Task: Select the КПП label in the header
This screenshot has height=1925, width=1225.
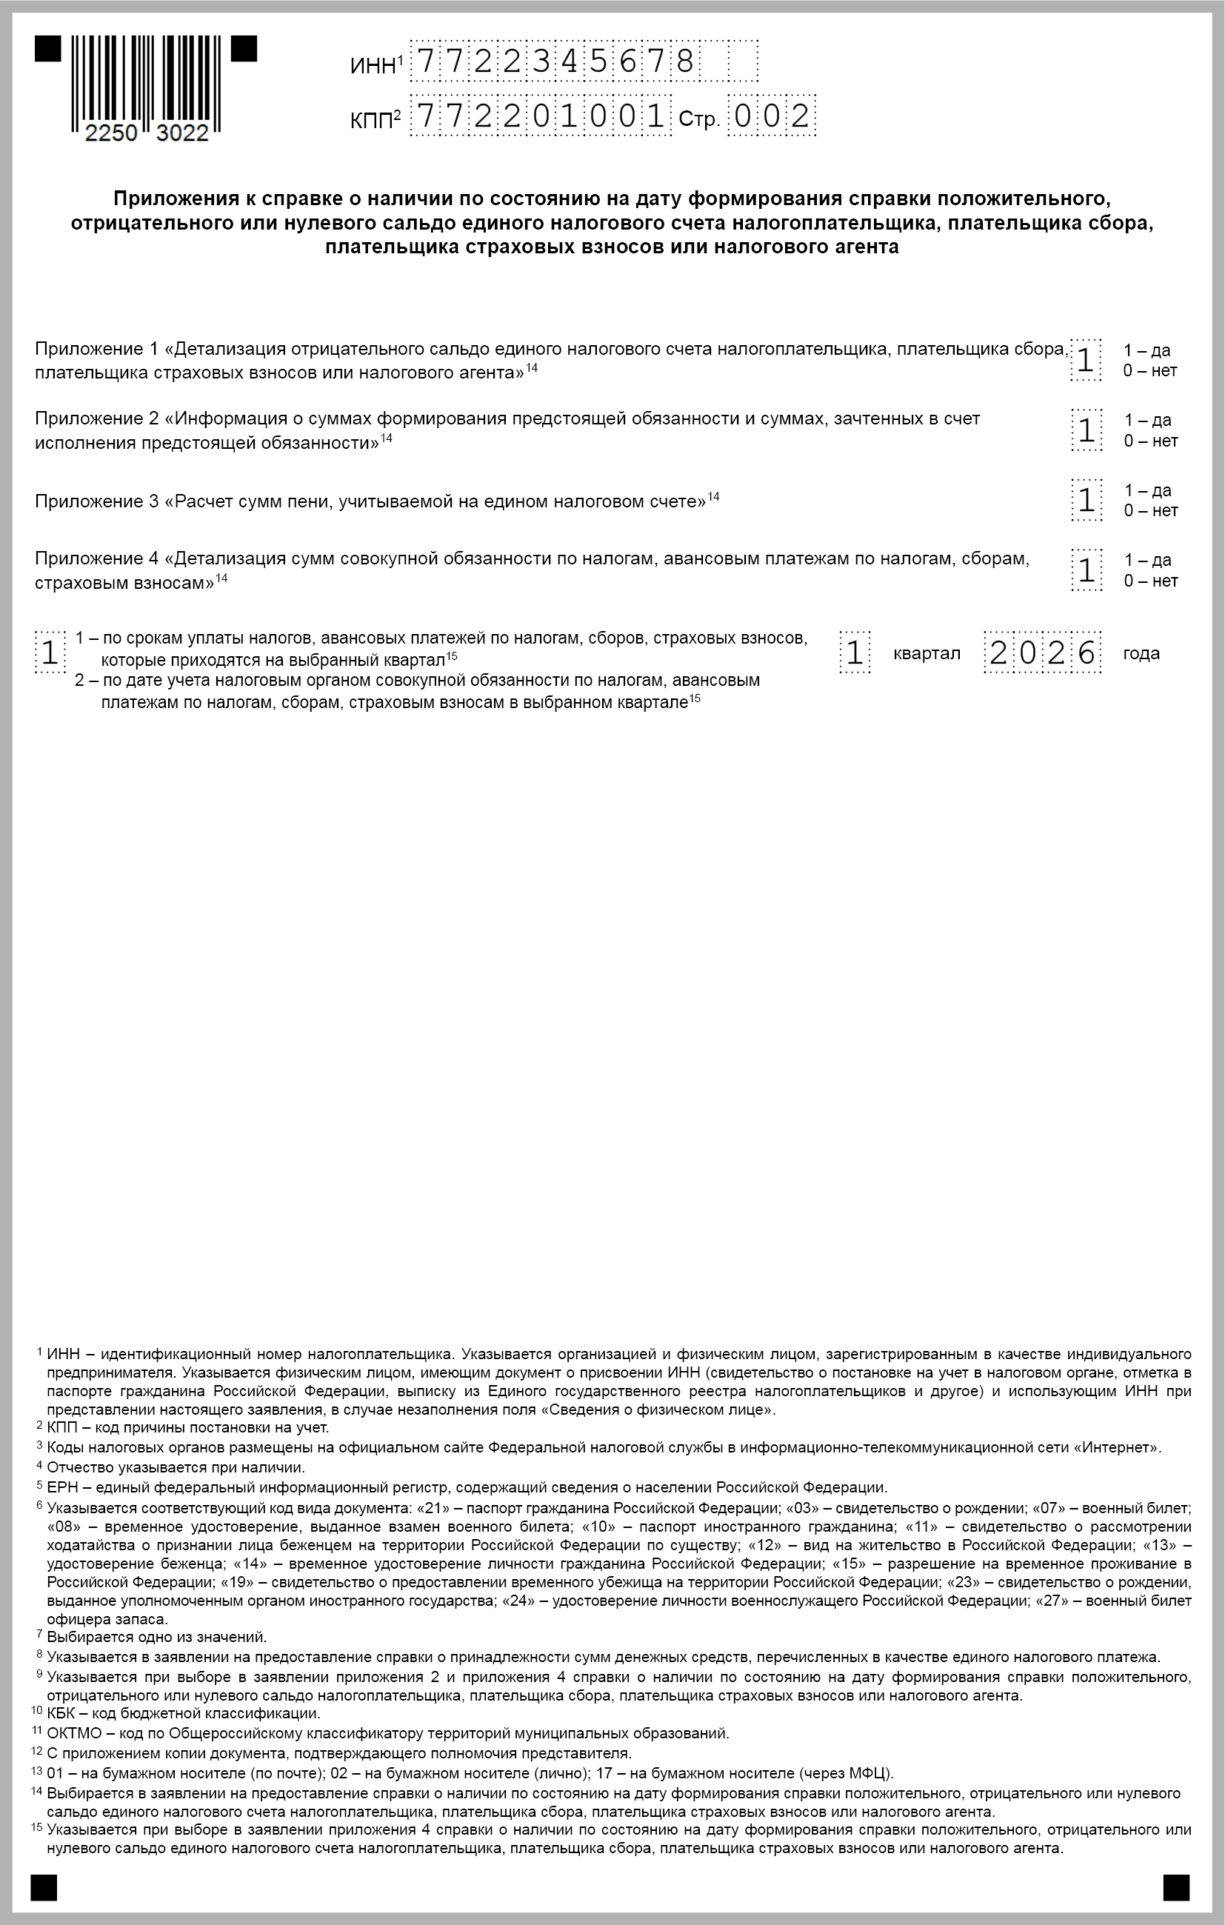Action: coord(373,121)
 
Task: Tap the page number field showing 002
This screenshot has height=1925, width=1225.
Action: coord(772,118)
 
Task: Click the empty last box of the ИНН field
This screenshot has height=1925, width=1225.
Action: coord(743,61)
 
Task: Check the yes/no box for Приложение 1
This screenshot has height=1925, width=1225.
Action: coord(1086,361)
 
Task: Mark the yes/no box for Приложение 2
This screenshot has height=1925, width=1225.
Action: coord(1086,430)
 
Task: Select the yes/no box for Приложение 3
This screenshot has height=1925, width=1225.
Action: coord(1086,501)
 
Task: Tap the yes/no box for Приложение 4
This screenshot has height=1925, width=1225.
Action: coord(1086,570)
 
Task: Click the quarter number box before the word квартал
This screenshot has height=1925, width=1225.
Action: coord(855,653)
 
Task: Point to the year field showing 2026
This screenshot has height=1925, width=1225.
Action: coord(1042,653)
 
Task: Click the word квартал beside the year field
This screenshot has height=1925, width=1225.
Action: coord(927,654)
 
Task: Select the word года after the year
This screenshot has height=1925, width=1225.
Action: coord(1141,654)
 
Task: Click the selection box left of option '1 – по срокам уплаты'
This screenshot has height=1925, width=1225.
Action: coord(50,653)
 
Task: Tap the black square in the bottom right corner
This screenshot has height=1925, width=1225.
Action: coord(1176,1886)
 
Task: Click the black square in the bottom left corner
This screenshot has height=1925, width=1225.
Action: coord(44,1886)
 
